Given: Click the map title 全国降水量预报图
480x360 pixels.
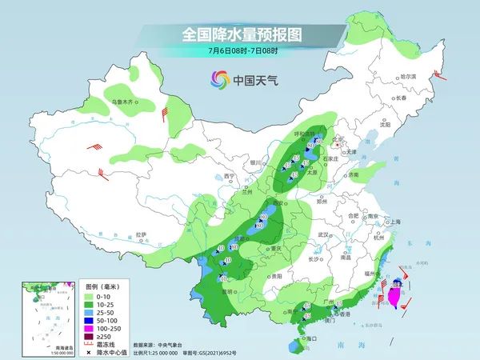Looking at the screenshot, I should [x=240, y=35].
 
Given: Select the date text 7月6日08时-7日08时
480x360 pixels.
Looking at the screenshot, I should [x=240, y=51].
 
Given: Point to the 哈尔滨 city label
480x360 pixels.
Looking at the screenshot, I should [x=409, y=75].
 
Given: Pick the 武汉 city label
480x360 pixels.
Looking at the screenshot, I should [x=323, y=234].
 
